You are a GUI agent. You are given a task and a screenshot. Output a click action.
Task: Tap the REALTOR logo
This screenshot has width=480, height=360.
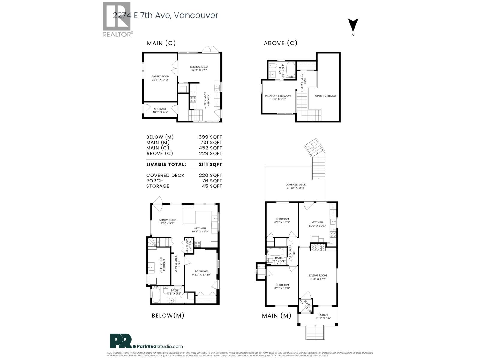click(117, 19)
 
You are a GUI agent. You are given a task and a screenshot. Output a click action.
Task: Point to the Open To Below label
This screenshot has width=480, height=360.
click(325, 96)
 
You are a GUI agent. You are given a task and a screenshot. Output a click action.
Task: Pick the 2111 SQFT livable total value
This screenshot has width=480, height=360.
click(210, 164)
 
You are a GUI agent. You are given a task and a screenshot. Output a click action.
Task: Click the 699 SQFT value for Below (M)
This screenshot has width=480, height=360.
click(210, 137)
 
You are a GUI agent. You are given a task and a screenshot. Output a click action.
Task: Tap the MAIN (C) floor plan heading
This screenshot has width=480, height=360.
click(161, 43)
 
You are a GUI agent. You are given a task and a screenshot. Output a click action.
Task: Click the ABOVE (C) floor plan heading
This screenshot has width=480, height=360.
click(280, 43)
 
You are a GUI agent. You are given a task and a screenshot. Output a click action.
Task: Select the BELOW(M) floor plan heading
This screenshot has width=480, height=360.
click(168, 316)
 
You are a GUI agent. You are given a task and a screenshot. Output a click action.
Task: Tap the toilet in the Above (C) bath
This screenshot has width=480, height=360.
click(273, 66)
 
